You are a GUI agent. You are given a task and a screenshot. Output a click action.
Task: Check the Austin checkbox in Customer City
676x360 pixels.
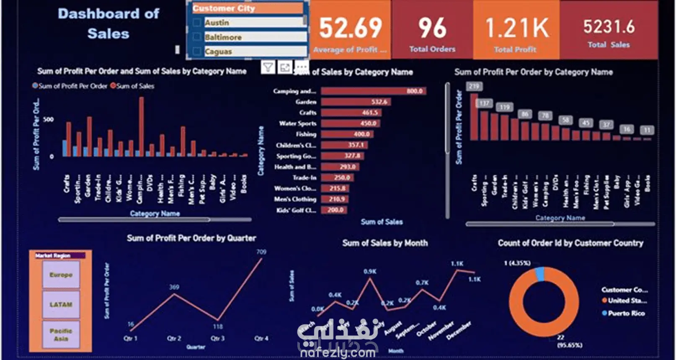pos(196,23)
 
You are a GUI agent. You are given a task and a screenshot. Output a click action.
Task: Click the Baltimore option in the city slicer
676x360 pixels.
pos(223,37)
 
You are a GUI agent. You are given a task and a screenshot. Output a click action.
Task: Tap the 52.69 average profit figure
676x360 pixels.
pos(351,28)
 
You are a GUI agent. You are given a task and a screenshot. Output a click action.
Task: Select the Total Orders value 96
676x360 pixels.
pos(432,28)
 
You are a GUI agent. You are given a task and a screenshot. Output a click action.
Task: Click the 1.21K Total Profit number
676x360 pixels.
pos(516,28)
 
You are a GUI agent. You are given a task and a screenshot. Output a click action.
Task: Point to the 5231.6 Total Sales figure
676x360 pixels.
pos(609,27)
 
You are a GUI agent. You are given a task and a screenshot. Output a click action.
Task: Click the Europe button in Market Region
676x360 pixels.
pos(61,275)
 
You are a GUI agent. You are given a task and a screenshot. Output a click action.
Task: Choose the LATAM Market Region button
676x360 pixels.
pos(61,305)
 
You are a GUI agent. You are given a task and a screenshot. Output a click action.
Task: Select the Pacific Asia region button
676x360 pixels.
pos(61,334)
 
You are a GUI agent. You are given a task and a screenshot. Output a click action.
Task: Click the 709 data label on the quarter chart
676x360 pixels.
pos(261,252)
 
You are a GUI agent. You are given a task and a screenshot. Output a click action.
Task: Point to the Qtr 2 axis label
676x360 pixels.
pos(174,338)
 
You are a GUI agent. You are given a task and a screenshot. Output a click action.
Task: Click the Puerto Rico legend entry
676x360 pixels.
pos(626,313)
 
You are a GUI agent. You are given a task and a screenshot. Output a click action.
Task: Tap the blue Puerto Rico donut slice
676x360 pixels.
pos(539,274)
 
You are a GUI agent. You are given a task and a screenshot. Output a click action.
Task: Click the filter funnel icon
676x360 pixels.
pos(268,67)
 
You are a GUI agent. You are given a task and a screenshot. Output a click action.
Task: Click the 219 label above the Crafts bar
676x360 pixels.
pos(474,87)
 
